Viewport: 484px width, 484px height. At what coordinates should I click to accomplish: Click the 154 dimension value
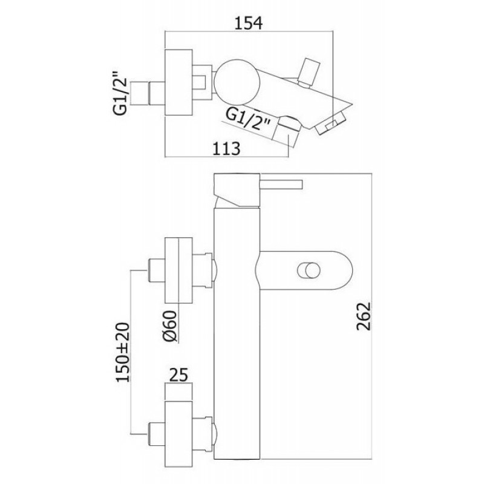(x=249, y=24)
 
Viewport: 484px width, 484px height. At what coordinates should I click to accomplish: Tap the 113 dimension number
(x=226, y=148)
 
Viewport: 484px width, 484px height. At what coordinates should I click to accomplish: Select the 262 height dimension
(x=364, y=316)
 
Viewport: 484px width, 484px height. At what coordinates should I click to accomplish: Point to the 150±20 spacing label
(x=123, y=353)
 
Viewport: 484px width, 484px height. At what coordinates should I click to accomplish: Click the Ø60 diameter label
(x=170, y=326)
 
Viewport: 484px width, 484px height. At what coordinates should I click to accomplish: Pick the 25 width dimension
(x=178, y=374)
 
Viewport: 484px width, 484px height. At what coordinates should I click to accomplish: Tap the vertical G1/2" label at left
(x=120, y=94)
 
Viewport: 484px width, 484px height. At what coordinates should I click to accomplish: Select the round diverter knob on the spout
(x=309, y=270)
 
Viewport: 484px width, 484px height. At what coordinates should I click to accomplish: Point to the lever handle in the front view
(x=281, y=185)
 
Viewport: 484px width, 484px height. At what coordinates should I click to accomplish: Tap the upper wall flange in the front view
(x=178, y=270)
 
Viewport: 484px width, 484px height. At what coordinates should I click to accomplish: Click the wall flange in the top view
(x=178, y=82)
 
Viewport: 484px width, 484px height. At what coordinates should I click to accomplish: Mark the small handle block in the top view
(x=310, y=71)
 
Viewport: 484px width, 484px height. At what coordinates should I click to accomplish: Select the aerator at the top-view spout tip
(x=330, y=123)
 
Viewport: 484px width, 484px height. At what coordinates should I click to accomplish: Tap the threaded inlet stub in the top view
(x=157, y=93)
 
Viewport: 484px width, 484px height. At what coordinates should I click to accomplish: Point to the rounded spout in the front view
(x=304, y=270)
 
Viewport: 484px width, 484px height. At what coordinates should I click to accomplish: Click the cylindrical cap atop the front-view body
(x=237, y=191)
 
